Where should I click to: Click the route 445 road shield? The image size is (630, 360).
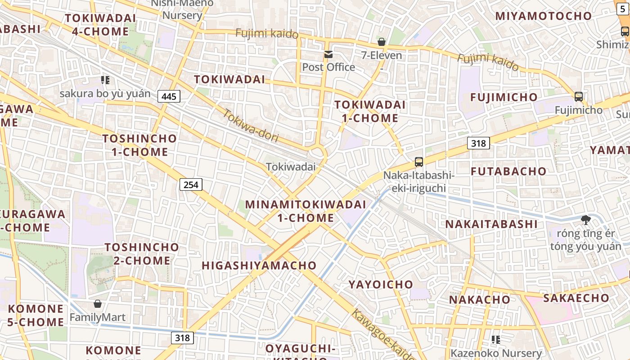point(169,96)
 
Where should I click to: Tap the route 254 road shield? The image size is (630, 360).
point(191,184)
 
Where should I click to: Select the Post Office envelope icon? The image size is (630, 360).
point(328,55)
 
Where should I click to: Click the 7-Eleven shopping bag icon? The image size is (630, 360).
point(382,42)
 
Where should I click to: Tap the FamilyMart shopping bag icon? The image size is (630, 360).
point(97,304)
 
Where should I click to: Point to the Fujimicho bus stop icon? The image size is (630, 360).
point(579,96)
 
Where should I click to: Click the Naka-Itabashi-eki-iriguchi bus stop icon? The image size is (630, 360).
point(419,162)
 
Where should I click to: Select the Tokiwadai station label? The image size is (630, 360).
point(291,166)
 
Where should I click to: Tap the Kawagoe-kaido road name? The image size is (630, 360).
point(382,335)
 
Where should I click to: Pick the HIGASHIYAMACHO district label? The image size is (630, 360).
point(259,265)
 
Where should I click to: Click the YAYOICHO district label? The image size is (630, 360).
point(381,284)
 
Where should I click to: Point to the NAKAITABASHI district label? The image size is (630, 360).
point(491,224)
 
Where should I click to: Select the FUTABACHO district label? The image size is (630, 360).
point(508,171)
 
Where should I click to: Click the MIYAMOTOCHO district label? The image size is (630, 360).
point(543,16)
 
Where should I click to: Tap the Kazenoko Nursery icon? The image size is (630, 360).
point(496,340)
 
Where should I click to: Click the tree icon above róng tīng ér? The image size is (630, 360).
point(585,220)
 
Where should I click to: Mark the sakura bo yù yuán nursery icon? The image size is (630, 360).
point(105,81)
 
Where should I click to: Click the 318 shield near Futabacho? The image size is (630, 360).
point(478,143)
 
